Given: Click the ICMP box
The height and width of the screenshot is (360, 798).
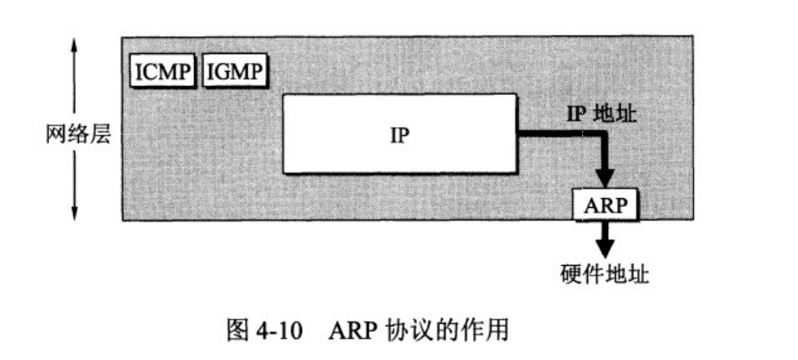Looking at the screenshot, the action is pyautogui.click(x=163, y=72).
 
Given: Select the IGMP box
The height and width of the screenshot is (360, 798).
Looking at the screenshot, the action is pyautogui.click(x=234, y=72).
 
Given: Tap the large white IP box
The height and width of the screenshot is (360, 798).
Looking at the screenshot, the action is pyautogui.click(x=400, y=134).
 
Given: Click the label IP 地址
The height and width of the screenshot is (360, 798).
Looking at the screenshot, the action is pyautogui.click(x=600, y=115).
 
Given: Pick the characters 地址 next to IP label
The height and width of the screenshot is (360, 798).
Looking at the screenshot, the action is pyautogui.click(x=618, y=115).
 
